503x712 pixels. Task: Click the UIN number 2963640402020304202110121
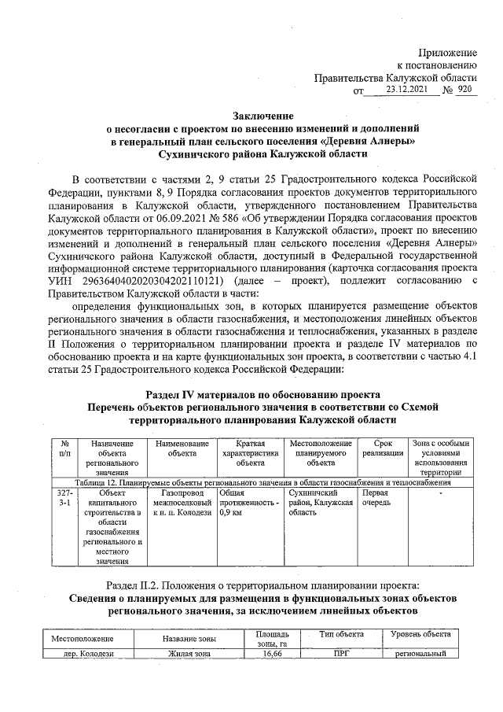[149, 281]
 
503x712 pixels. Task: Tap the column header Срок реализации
[379, 448]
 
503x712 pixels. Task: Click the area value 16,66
[273, 653]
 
